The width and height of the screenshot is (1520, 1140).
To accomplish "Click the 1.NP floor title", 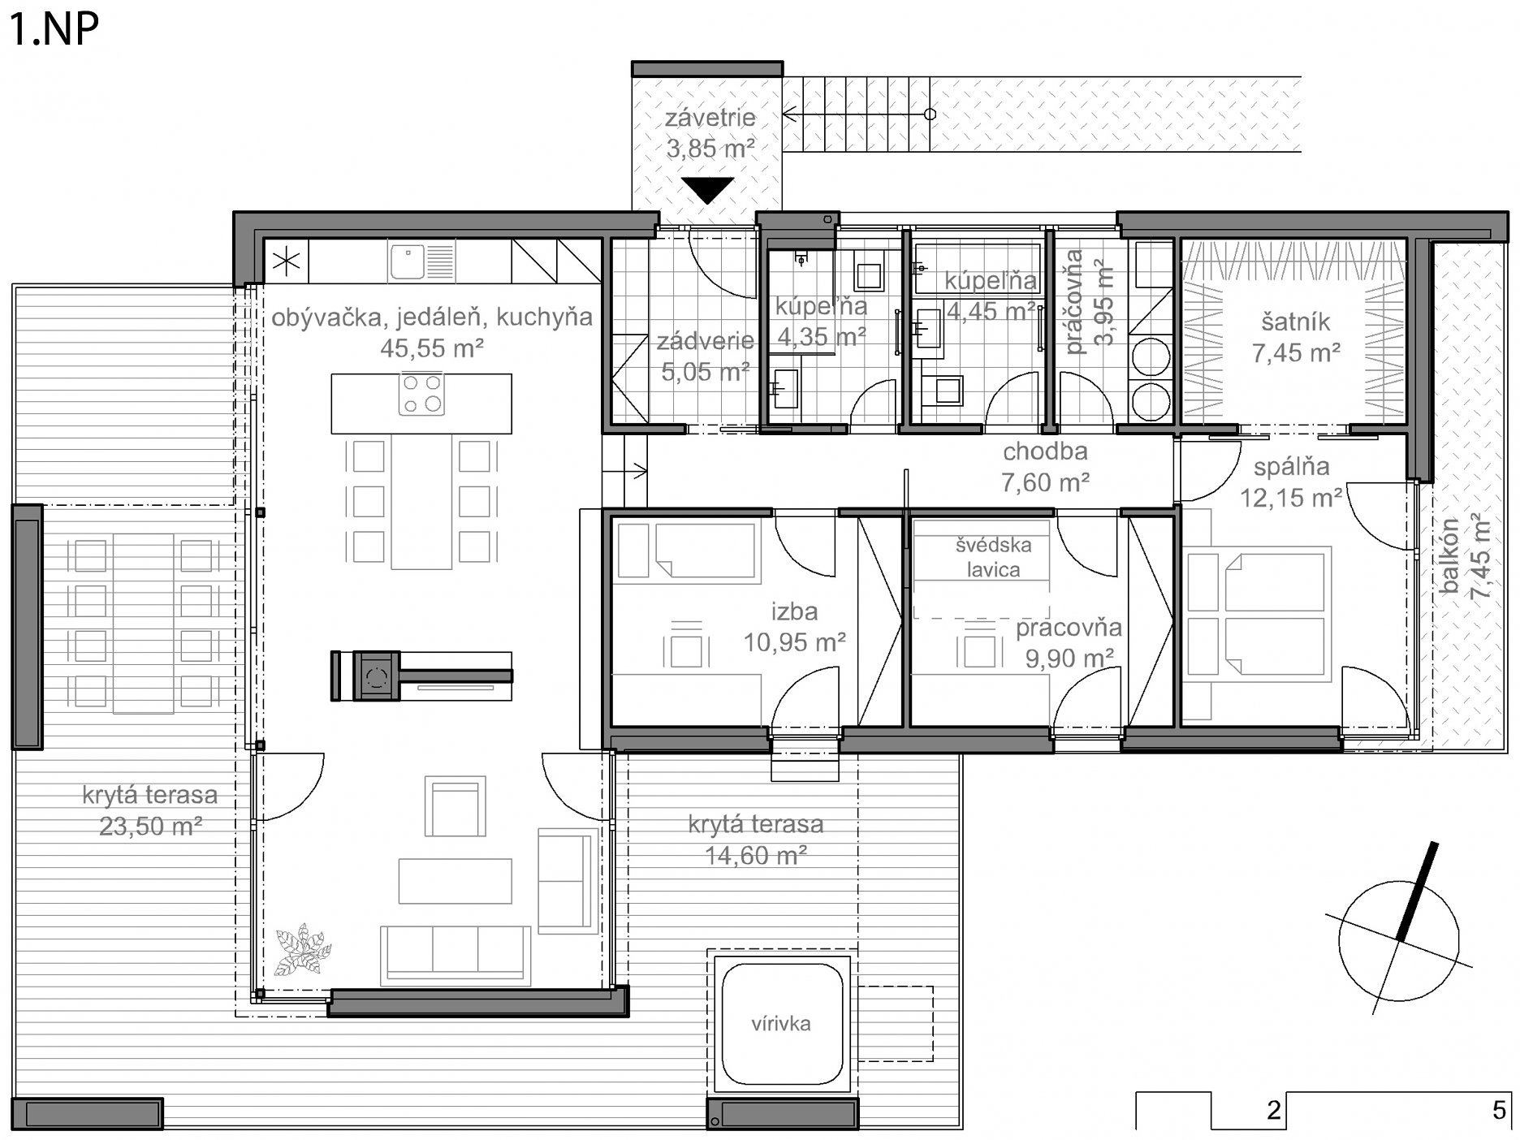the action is point(54,29).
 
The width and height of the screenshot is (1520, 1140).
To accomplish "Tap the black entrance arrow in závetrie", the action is point(708,190).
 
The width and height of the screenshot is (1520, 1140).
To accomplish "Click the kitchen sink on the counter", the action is point(421,261).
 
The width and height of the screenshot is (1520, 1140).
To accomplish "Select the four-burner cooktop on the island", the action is point(422,393).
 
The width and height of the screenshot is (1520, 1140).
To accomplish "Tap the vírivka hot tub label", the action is point(780,1023).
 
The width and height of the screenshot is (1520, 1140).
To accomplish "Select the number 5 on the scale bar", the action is point(1499,1110).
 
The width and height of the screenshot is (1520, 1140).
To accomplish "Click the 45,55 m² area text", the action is point(432,348).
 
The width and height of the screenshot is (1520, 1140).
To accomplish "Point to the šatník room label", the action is point(1296,322).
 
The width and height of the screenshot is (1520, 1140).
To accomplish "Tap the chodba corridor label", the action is point(1045,451).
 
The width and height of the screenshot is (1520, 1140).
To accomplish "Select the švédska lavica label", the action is point(993,557).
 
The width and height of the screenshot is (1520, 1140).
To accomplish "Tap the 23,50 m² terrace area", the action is point(150,827).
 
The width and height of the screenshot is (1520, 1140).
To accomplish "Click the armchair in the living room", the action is point(455,806).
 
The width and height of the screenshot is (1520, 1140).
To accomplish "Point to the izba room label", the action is point(794,611).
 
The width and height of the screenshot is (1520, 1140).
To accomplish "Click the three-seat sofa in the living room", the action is point(456,956).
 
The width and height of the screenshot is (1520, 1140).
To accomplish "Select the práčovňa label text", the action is point(1073,302).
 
